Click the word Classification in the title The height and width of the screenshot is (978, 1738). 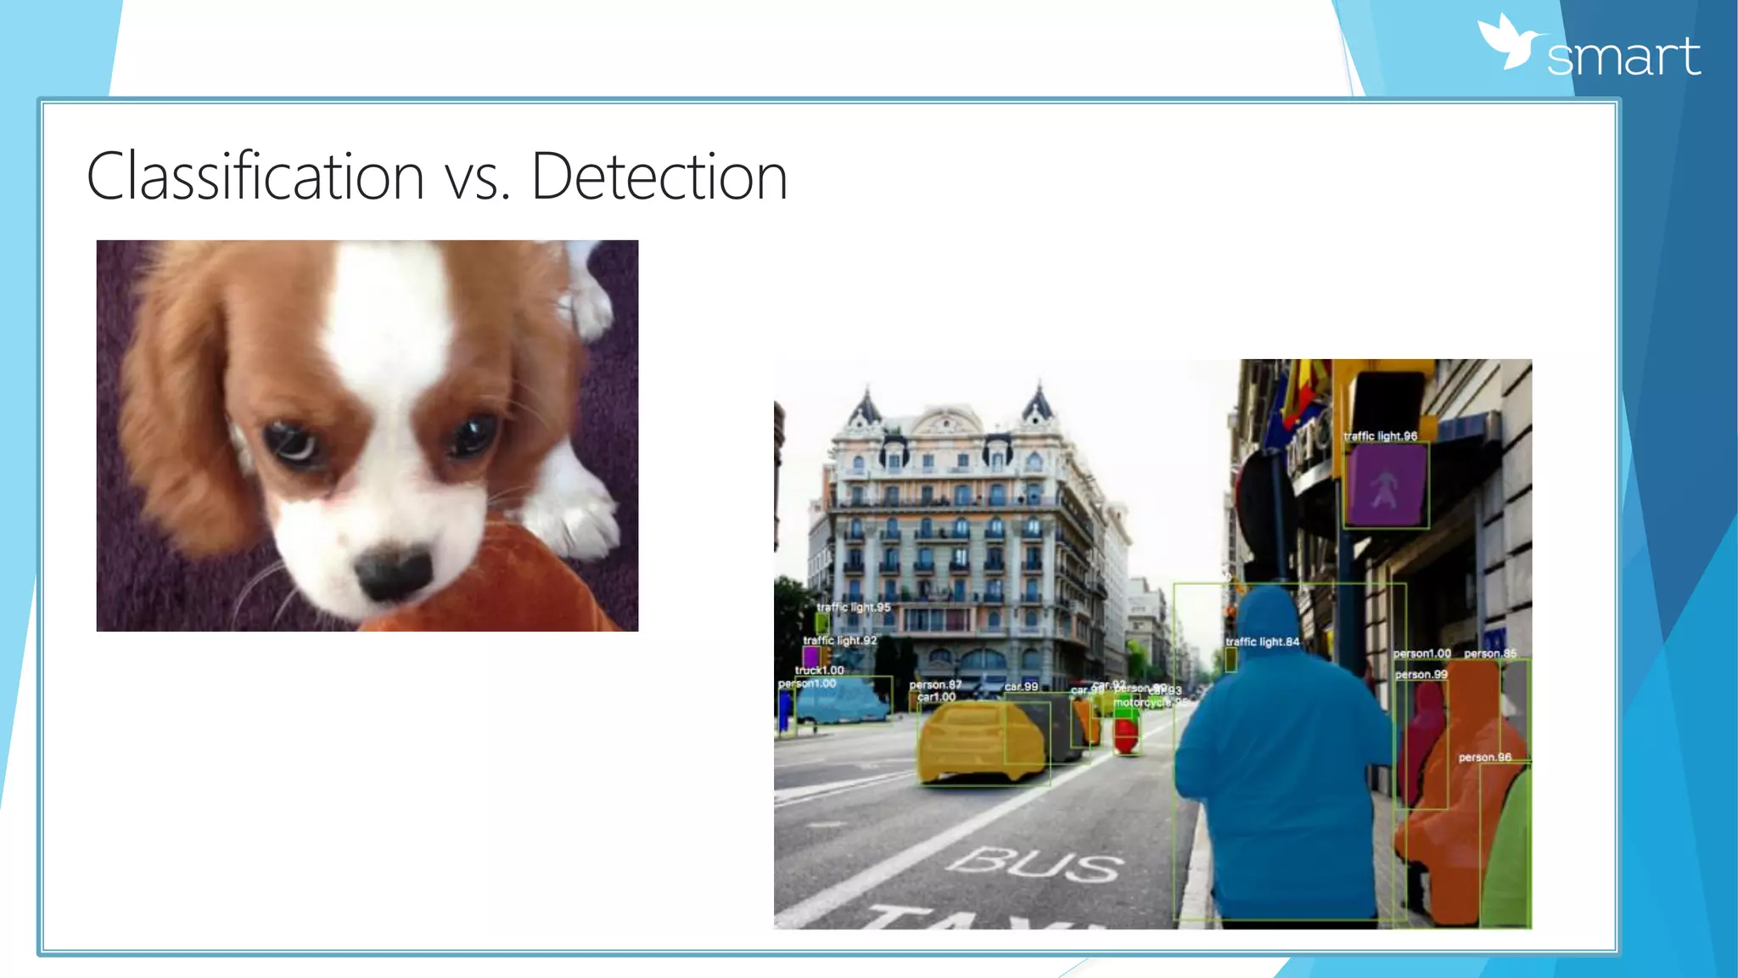(255, 177)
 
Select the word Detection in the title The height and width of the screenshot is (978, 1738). (659, 177)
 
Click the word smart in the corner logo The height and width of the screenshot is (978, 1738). (1623, 58)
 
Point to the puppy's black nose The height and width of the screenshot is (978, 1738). (392, 572)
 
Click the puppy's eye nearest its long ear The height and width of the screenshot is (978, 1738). (288, 440)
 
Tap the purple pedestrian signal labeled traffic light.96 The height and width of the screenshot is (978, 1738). (1385, 486)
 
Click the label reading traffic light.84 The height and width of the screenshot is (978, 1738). (1262, 642)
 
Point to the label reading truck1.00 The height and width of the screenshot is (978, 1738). (819, 670)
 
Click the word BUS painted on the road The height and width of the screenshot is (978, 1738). (1035, 865)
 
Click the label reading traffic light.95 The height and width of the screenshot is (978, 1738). (853, 607)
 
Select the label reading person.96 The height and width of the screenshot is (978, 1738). (1484, 757)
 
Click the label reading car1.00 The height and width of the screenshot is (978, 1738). (936, 697)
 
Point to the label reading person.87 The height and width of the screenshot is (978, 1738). (935, 684)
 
